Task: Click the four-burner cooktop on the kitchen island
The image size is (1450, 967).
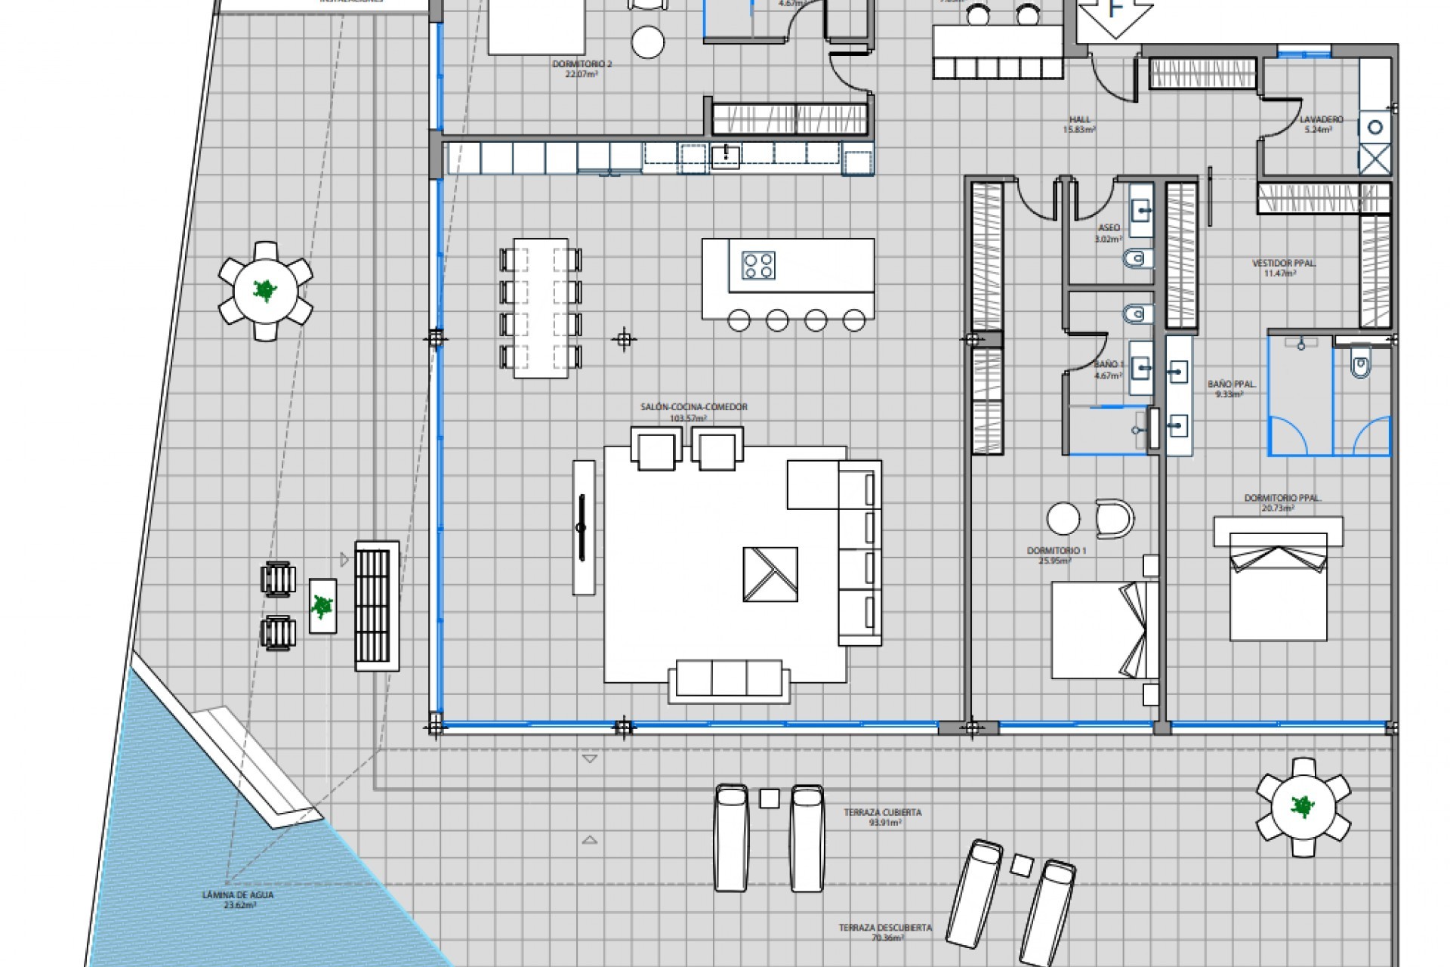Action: [x=758, y=265]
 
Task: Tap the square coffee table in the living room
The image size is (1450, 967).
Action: [x=770, y=574]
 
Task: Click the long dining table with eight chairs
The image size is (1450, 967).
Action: [x=541, y=307]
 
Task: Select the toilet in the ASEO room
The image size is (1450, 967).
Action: [x=1137, y=260]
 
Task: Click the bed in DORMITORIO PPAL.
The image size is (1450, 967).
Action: [x=1278, y=585]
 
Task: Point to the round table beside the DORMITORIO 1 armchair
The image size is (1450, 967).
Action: [x=1063, y=519]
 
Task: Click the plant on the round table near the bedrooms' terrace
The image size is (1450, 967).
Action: [x=1303, y=807]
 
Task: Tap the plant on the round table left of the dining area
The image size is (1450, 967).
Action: [x=265, y=290]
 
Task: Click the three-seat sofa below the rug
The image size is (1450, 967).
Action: [x=729, y=678]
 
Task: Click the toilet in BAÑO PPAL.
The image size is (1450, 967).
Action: [x=1360, y=366]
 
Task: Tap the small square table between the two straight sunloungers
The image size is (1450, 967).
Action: [x=769, y=799]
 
